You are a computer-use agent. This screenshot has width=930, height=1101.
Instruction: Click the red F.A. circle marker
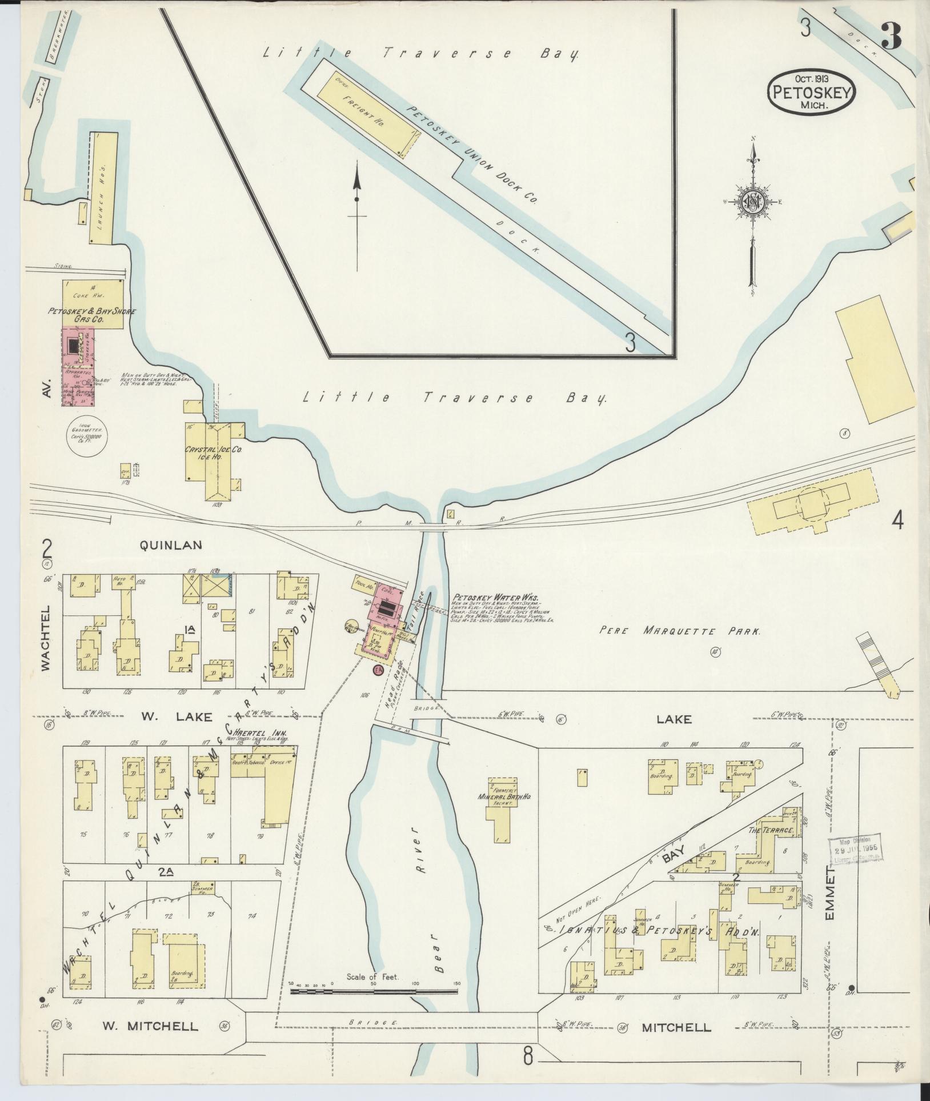point(377,670)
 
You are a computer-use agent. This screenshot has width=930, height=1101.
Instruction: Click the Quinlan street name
point(171,545)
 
